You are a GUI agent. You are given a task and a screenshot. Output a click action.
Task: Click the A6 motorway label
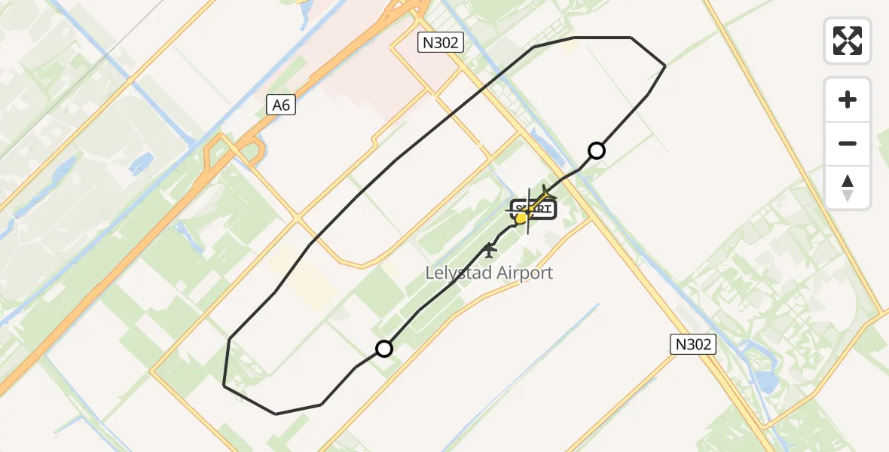tap(281, 105)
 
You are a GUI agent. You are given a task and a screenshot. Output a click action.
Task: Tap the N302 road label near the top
tap(440, 43)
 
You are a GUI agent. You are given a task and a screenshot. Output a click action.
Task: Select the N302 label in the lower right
tap(692, 345)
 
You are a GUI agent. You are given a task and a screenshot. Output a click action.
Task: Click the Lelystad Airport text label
tap(489, 273)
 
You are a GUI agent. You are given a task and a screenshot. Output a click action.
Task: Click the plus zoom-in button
tap(848, 99)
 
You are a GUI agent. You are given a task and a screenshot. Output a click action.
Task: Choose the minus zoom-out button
tap(848, 143)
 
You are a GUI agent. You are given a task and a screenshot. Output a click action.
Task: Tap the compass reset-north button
tap(848, 188)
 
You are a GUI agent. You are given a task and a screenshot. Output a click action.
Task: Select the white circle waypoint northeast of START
tap(596, 151)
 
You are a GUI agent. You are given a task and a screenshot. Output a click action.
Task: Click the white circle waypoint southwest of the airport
tap(384, 348)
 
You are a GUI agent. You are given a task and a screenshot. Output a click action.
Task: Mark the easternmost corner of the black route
tap(664, 66)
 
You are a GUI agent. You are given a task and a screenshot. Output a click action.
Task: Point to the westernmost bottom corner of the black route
tap(224, 386)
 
